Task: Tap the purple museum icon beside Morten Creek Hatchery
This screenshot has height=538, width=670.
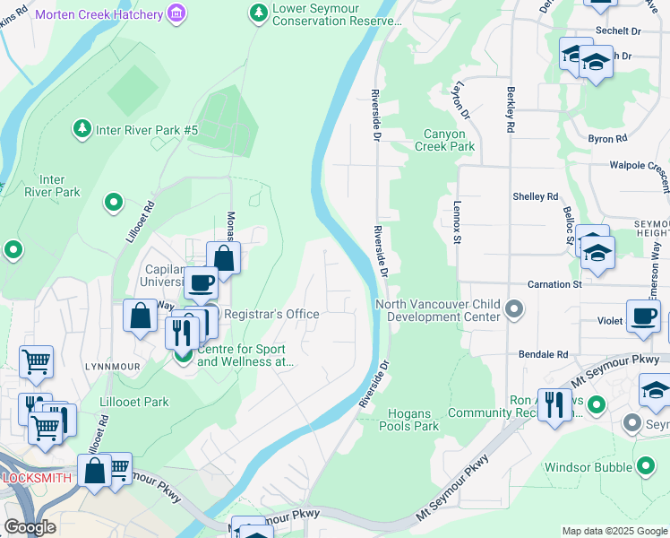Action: tap(177, 13)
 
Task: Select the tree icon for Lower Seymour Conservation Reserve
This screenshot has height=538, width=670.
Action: tap(258, 13)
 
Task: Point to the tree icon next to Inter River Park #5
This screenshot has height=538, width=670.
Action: tap(82, 130)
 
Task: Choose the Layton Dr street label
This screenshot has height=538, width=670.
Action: tap(461, 100)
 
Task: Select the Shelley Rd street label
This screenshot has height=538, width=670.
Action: tap(535, 196)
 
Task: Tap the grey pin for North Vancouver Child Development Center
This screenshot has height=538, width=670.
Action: tap(514, 310)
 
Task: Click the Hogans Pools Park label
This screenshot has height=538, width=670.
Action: tap(414, 420)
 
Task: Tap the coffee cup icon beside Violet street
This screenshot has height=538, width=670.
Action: tap(643, 317)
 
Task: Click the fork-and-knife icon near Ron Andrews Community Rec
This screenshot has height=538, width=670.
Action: tap(555, 405)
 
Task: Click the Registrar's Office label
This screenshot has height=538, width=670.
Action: tap(271, 314)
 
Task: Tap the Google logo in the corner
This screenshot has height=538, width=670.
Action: tap(29, 527)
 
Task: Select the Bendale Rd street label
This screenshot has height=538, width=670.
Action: tap(544, 355)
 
